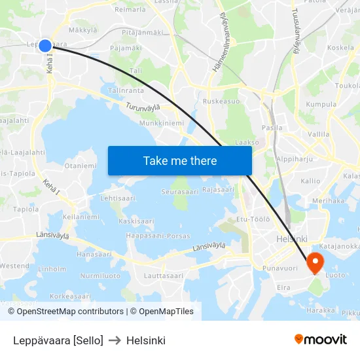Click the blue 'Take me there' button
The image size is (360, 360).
coord(180,160)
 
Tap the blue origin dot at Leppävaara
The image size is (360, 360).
coord(45,45)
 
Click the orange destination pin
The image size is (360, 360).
coord(315,262)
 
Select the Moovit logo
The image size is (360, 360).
coord(320,339)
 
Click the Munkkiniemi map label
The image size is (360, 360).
coord(161,122)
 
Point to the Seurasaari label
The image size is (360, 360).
coord(179,192)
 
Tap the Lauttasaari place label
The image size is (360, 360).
coord(163,276)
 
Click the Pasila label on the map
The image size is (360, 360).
coord(272,128)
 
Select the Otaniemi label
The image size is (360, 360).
coord(80,166)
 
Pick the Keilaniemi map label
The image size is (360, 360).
coord(81,216)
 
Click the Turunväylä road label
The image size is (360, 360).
coord(144,106)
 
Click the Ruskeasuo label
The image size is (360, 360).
coord(221,101)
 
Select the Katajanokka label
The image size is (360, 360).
coord(340,246)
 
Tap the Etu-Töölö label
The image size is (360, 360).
coord(253,219)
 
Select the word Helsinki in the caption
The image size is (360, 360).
coord(146,340)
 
